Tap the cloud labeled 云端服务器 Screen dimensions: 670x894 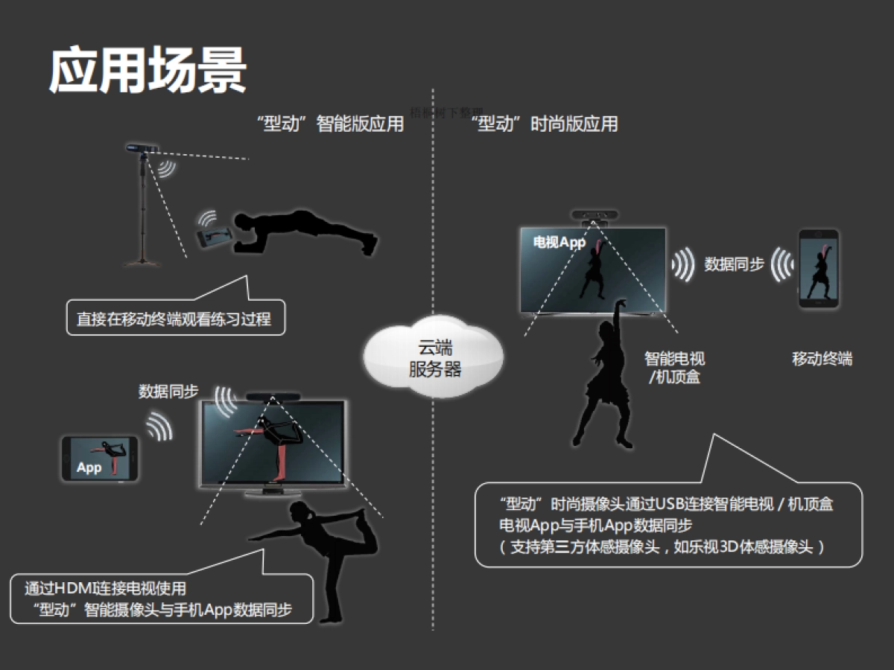coord(434,358)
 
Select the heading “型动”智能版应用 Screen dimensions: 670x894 coord(329,124)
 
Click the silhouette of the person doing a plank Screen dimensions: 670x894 coord(305,230)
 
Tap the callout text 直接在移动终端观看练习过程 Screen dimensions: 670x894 coord(174,319)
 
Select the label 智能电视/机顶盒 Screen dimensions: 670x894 coord(674,368)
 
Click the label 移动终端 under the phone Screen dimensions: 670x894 coord(822,359)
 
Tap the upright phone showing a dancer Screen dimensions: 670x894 coord(819,269)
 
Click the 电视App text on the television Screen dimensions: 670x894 coord(559,242)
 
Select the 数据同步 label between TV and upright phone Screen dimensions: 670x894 coord(734,264)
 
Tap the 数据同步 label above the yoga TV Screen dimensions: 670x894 coord(168,391)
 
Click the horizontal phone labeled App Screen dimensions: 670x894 coord(100,458)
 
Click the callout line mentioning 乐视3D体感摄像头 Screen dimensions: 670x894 coord(662,547)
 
